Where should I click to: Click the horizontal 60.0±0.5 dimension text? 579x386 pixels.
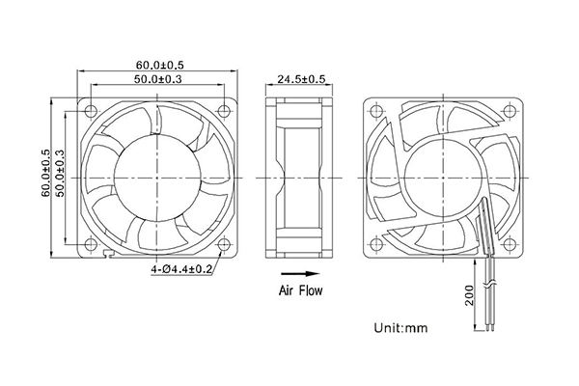click(158, 66)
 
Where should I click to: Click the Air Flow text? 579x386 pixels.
click(301, 289)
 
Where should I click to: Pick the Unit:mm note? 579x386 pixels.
click(398, 330)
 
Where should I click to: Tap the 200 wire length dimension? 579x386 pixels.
click(470, 293)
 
